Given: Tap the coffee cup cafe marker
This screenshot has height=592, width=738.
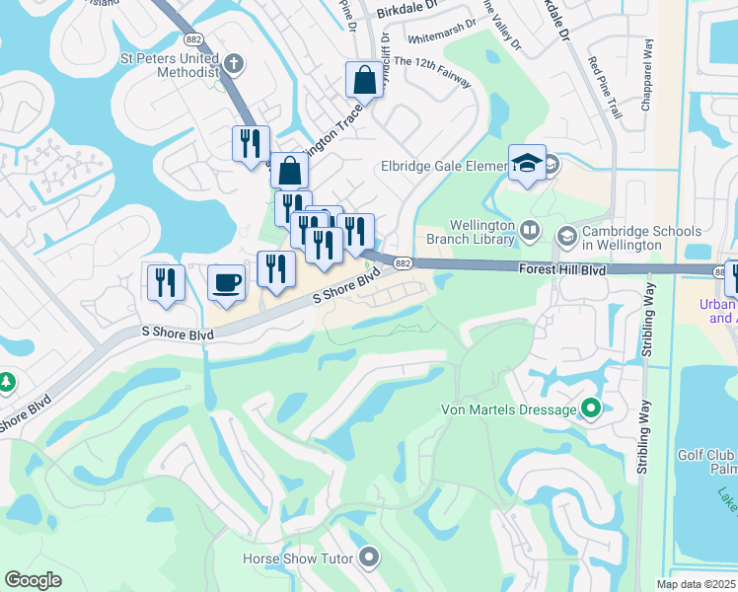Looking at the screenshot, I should pos(226,283).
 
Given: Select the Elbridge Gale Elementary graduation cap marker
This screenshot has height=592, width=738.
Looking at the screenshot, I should pos(527,164).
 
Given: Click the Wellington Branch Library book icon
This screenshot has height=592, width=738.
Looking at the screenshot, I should pos(530,231).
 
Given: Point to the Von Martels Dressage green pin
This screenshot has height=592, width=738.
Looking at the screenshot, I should pos(591,407).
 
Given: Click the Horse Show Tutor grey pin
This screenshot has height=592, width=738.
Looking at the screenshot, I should pos(369,558).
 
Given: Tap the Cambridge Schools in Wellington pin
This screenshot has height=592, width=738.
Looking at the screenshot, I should pos(567,236).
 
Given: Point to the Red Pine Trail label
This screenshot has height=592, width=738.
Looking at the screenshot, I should pos(604,89).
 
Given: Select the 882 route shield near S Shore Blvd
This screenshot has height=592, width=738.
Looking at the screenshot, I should pos(402,262).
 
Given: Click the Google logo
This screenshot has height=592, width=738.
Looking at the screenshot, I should pos(33,580).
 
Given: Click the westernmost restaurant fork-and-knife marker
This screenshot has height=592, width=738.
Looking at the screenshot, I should pos(165,282).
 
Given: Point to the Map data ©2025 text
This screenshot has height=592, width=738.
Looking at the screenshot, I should pos(697,584).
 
